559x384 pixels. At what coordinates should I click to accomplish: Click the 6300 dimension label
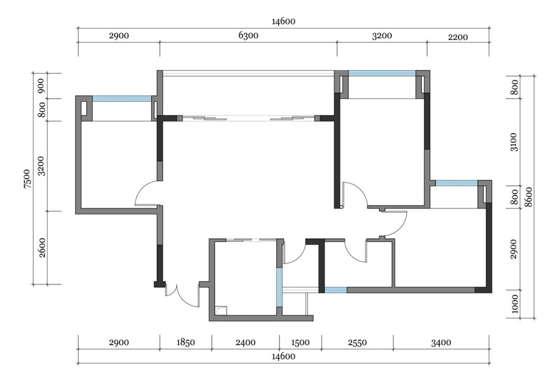click(x=248, y=36)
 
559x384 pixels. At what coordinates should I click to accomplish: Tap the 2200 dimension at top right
click(x=458, y=37)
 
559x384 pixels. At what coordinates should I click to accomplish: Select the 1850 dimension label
click(x=186, y=342)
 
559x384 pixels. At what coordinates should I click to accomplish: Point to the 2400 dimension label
click(x=246, y=342)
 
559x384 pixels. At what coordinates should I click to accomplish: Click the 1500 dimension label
click(x=300, y=342)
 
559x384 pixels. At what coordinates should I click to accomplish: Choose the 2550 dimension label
click(x=357, y=342)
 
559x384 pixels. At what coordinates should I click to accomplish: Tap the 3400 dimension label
click(x=441, y=343)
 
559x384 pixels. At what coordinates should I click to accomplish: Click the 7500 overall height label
click(x=27, y=179)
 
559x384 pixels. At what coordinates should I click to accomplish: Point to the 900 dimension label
click(x=41, y=85)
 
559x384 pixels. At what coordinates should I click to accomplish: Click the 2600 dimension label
click(x=42, y=248)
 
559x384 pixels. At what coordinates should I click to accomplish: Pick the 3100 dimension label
click(x=514, y=142)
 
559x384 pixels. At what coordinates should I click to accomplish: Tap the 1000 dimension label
click(x=514, y=304)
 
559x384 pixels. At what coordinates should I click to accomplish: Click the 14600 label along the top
click(x=284, y=21)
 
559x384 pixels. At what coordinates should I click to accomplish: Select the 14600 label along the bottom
click(x=284, y=356)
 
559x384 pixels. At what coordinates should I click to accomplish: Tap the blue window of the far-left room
click(x=122, y=99)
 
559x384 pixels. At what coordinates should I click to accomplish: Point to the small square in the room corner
click(x=221, y=311)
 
